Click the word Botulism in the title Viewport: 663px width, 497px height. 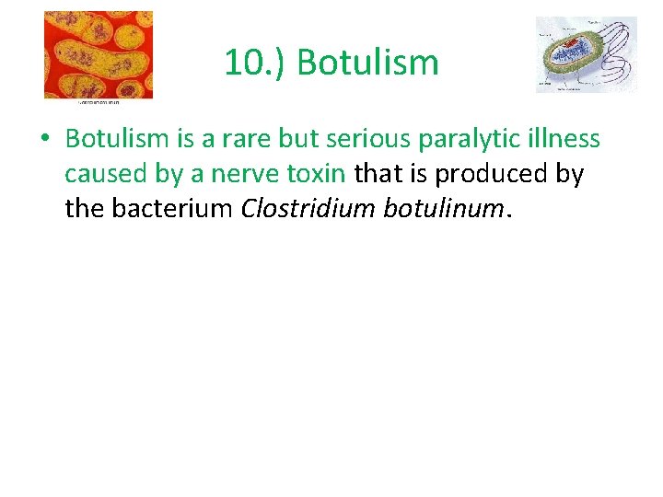(x=368, y=64)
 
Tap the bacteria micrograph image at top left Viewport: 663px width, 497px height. (x=99, y=53)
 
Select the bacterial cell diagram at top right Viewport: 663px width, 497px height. (x=586, y=54)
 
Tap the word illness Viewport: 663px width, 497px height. (x=566, y=139)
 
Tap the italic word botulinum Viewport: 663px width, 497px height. (x=436, y=209)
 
